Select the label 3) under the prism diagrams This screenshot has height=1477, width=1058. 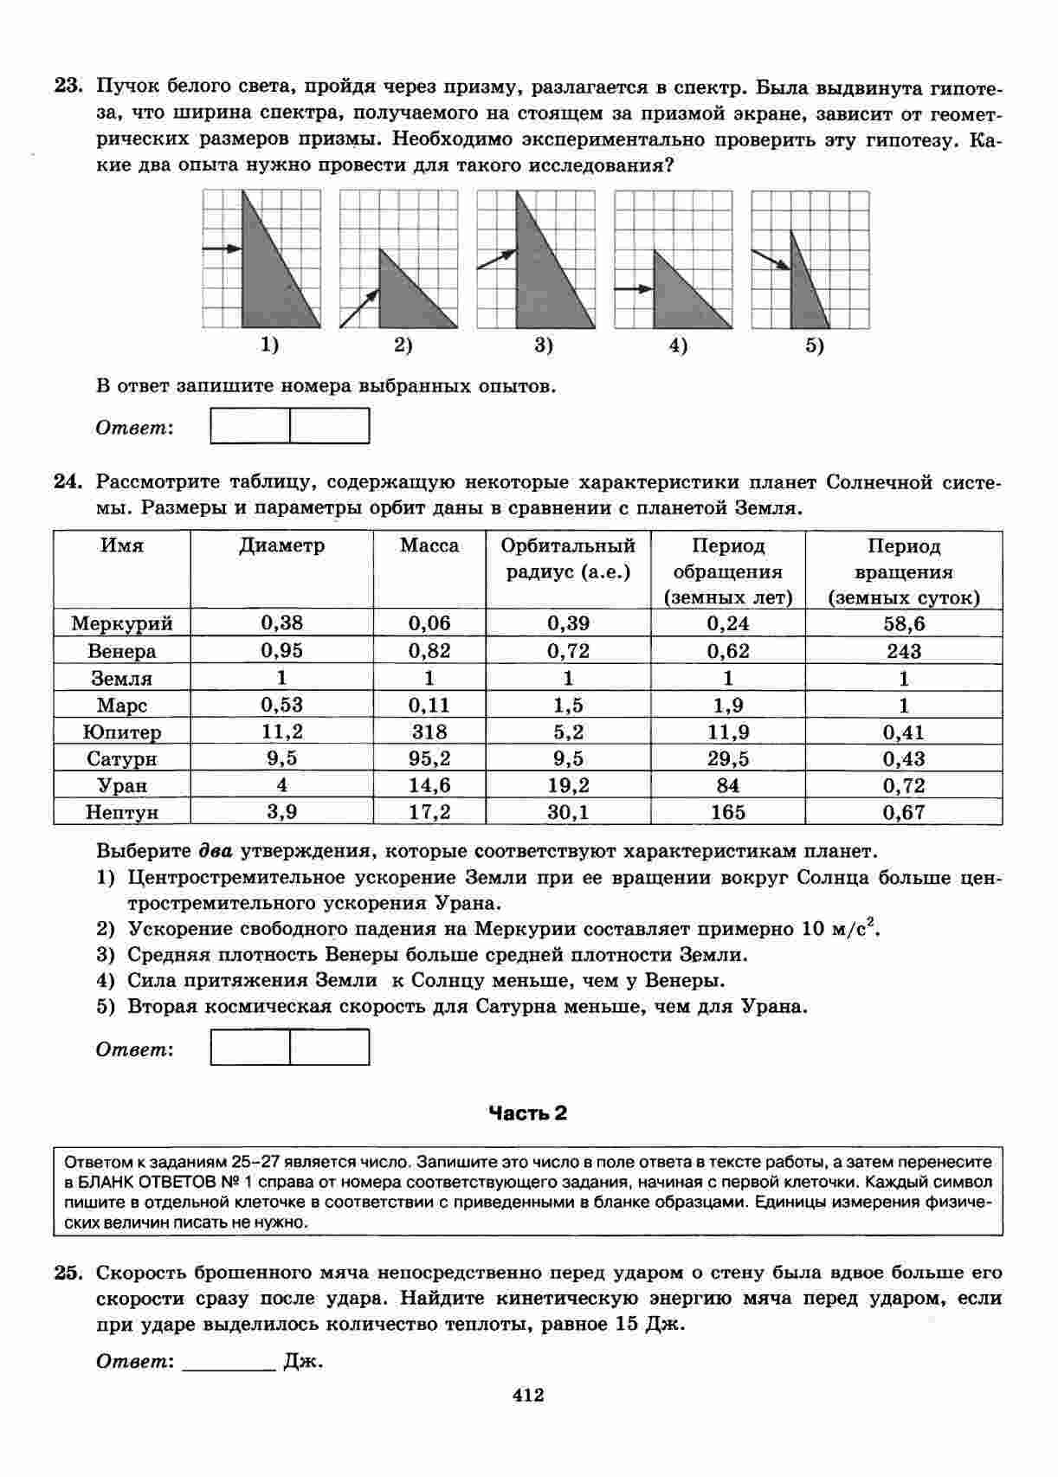coord(543,346)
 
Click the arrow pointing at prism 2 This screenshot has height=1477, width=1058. coord(359,309)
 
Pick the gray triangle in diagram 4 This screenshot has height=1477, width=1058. coord(680,299)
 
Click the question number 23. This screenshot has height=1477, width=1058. coord(68,87)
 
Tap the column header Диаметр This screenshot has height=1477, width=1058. coord(281,545)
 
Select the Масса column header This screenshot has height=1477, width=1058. coord(429,545)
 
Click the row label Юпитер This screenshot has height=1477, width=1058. coord(122,732)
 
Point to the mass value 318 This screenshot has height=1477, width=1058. coord(429,732)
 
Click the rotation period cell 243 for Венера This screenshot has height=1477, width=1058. coord(904,651)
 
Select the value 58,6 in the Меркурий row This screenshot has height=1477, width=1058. coord(904,623)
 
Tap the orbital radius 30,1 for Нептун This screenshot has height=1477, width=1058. coord(568,812)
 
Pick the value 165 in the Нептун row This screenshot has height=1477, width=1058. coord(727,812)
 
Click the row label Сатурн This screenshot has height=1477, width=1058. coord(122,759)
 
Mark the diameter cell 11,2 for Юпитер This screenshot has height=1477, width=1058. coord(281,732)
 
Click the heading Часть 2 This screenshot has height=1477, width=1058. coord(528,1113)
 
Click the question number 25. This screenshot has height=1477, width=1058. coord(68,1273)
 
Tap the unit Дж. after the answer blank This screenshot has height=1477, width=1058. coord(303,1361)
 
